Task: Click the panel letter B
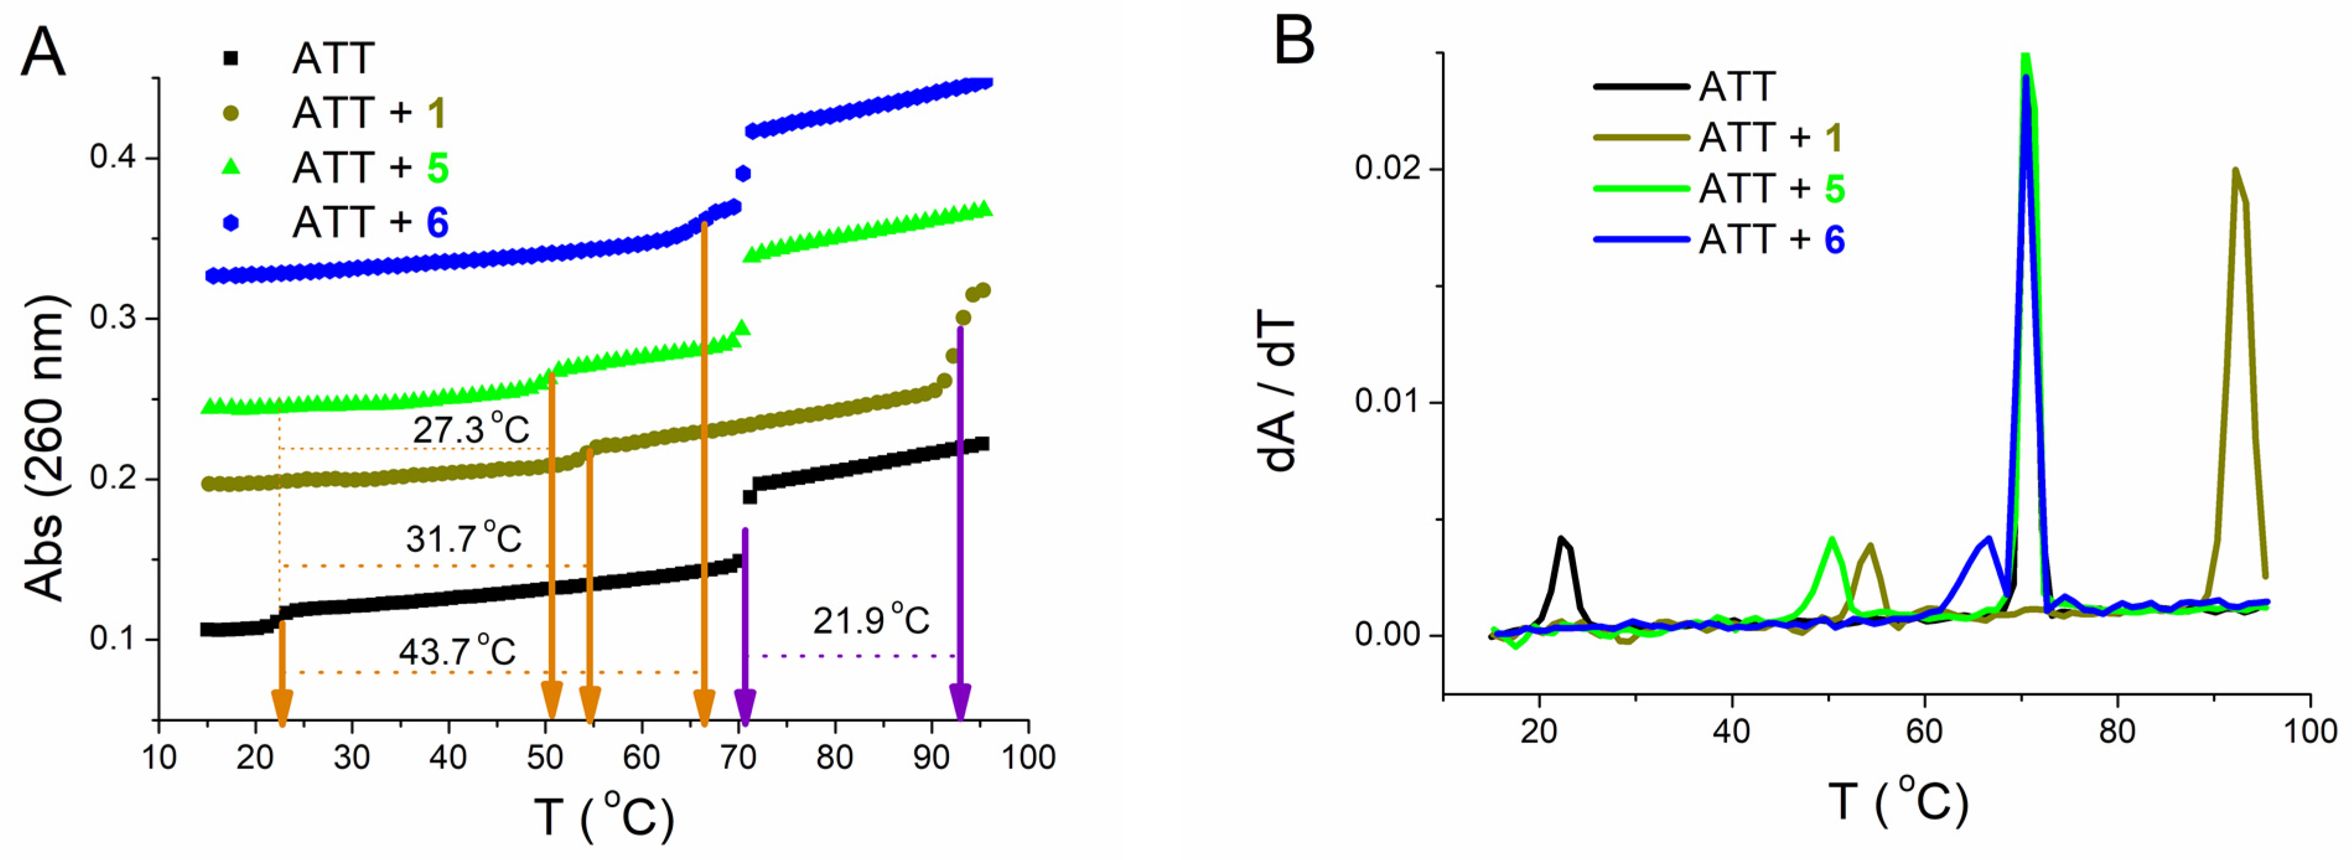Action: [1294, 40]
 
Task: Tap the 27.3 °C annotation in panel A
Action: [470, 429]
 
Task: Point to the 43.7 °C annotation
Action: [457, 651]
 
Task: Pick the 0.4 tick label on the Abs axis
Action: [111, 158]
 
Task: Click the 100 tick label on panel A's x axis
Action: [1028, 757]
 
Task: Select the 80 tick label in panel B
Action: [2117, 731]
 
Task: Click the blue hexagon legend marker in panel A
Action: [231, 223]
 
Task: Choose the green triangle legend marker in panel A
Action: [231, 167]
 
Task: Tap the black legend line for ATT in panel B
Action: [1640, 87]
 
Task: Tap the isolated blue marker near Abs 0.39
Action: [742, 173]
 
